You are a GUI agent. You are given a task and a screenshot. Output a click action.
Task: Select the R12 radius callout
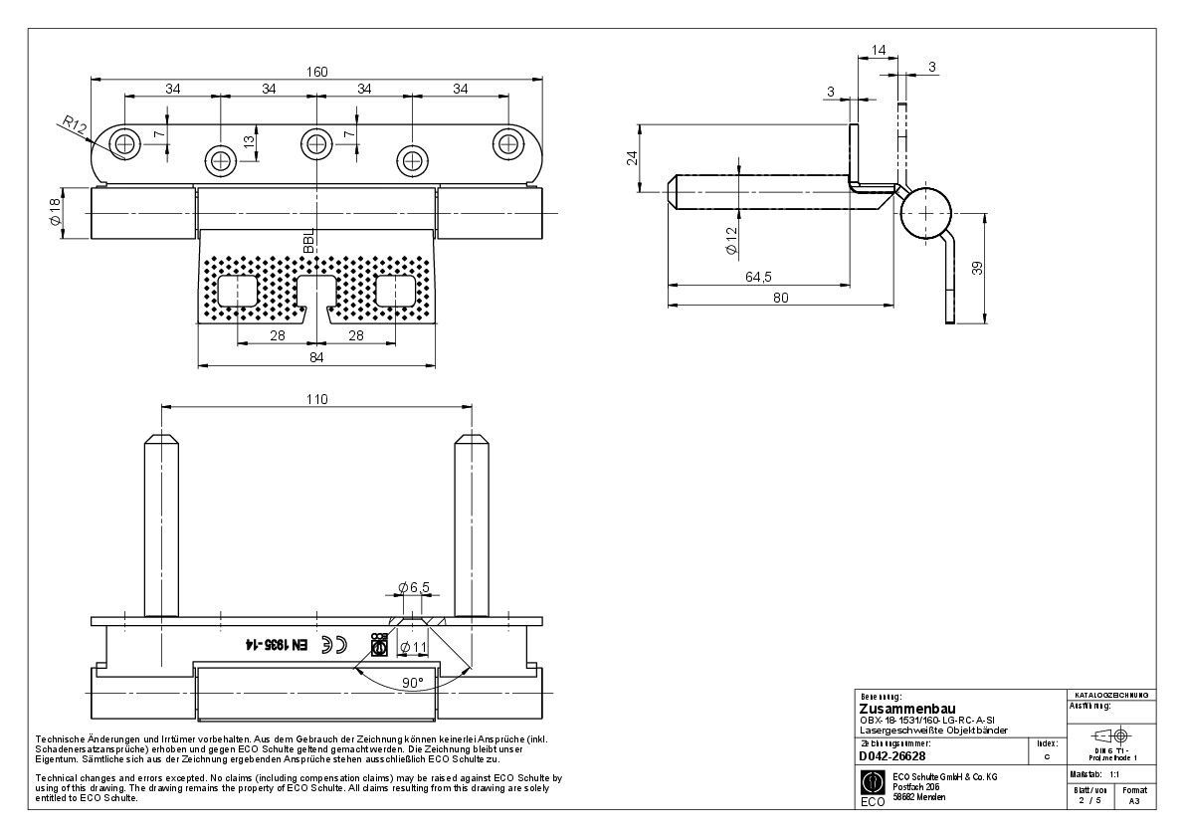[x=75, y=125]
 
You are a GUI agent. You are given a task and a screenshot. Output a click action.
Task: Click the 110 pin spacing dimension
[x=315, y=399]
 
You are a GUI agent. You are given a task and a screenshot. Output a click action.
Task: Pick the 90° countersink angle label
[x=413, y=683]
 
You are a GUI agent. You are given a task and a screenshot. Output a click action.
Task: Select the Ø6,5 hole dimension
[x=413, y=588]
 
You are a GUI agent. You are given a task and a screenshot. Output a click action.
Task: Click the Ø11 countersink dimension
[x=413, y=648]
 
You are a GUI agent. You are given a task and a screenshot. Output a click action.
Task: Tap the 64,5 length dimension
[x=759, y=276]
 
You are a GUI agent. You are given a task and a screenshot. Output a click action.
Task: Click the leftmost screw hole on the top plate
[x=124, y=144]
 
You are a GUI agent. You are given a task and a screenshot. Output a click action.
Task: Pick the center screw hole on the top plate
[x=315, y=144]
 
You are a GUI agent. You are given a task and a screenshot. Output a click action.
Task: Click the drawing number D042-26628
[x=892, y=756]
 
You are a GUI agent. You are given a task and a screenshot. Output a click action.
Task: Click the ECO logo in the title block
[x=872, y=782]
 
